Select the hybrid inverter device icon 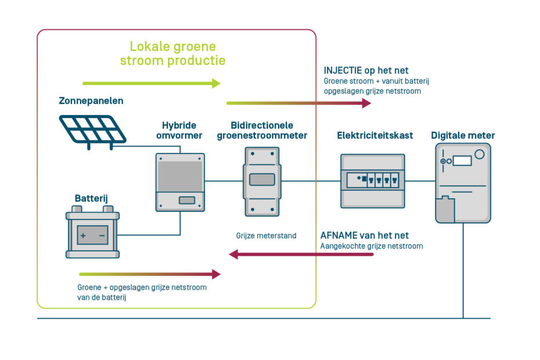(180, 182)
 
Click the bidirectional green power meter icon (261, 181)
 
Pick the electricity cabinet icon (372, 180)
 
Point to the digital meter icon (463, 183)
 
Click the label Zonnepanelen (91, 101)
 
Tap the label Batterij (91, 199)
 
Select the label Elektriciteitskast (375, 135)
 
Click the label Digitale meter (463, 135)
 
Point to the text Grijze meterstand (267, 236)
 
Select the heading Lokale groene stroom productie (172, 53)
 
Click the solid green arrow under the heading (152, 83)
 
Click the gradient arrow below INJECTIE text (298, 103)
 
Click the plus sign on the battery (82, 236)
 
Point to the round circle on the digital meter (479, 154)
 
